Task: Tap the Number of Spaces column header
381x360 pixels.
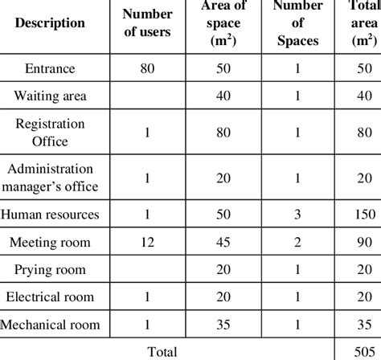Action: click(x=297, y=24)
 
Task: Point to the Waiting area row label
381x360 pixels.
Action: click(x=51, y=97)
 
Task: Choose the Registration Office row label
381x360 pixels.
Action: click(x=51, y=132)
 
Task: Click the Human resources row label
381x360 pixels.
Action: click(x=51, y=215)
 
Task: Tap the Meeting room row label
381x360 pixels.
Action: click(x=51, y=242)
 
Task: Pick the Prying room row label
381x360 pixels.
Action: click(x=51, y=269)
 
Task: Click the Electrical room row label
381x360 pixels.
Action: click(x=51, y=297)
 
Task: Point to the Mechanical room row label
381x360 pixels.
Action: click(x=51, y=325)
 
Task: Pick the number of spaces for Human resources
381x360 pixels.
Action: click(x=297, y=215)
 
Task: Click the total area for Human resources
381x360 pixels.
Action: click(x=365, y=215)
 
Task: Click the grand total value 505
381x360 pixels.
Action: click(x=365, y=350)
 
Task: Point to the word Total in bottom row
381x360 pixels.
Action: click(x=159, y=350)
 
